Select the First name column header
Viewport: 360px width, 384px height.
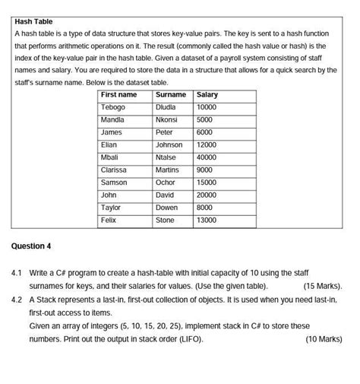[x=119, y=95]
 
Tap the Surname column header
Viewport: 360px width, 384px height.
[x=170, y=95]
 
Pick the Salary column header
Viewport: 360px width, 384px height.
[x=207, y=95]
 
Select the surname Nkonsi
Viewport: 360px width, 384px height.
[x=166, y=120]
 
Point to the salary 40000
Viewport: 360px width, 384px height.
[x=207, y=157]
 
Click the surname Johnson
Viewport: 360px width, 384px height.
[x=169, y=145]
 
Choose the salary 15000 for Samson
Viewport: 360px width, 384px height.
[x=207, y=182]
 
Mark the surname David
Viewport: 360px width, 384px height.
[x=165, y=195]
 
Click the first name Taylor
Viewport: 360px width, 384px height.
[x=111, y=208]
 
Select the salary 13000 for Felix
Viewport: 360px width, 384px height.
[x=207, y=221]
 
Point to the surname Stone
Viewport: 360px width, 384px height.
[x=165, y=221]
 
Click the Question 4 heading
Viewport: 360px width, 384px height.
[x=32, y=246]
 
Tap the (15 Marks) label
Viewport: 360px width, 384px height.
[x=323, y=287]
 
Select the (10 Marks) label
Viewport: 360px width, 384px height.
[x=324, y=339]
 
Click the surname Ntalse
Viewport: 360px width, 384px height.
[x=166, y=157]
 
